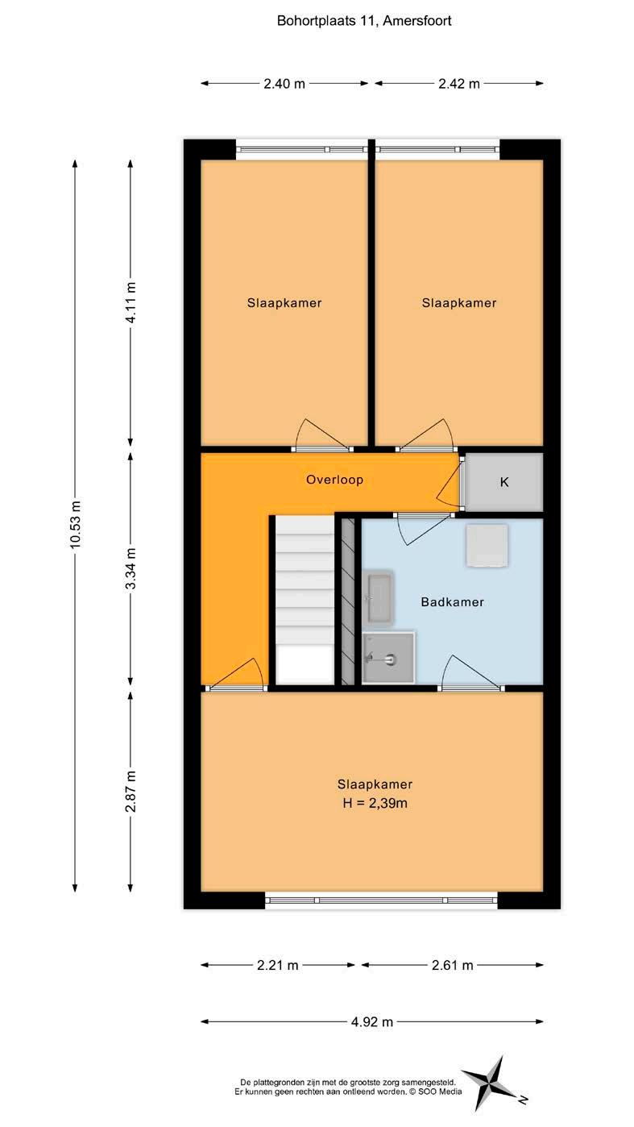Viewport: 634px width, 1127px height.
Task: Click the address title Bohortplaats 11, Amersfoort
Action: click(364, 21)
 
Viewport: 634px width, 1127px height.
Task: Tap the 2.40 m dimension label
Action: click(284, 84)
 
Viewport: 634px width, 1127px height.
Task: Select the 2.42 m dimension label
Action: click(459, 84)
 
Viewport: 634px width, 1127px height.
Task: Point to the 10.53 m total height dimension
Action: click(76, 524)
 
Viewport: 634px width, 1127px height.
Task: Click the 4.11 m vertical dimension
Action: click(131, 302)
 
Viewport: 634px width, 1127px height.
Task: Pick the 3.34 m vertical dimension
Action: click(131, 568)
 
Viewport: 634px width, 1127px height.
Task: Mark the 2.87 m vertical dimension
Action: click(131, 791)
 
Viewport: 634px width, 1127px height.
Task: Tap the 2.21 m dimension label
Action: click(278, 965)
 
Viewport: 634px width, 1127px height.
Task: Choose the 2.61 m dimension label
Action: click(453, 965)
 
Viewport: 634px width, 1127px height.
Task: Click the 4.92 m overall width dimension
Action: click(372, 1022)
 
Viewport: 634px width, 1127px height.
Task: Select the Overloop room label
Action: click(335, 480)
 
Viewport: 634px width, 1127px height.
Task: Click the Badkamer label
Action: click(453, 601)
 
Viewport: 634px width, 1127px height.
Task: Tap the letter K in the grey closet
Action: click(504, 482)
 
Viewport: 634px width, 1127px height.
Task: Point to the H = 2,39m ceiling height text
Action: click(375, 803)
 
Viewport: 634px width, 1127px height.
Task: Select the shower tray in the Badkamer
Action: click(388, 658)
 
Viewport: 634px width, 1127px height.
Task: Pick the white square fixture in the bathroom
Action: click(487, 546)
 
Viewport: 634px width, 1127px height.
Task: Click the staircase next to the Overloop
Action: click(305, 600)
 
